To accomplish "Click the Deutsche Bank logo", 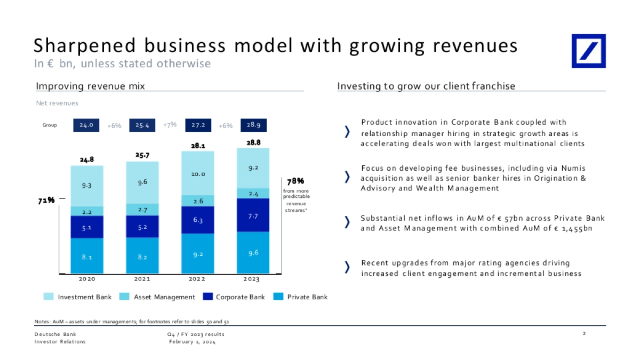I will (x=589, y=51).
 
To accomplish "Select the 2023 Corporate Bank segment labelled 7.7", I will (x=253, y=215).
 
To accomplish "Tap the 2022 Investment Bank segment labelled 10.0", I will (x=198, y=173).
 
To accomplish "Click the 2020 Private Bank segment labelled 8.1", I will (x=87, y=257).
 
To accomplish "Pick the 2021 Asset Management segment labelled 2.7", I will (x=142, y=210).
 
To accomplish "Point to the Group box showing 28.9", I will (x=254, y=125).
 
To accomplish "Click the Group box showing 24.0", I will (x=86, y=125).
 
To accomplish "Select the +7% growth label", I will (x=170, y=125).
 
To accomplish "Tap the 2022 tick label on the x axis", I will (x=198, y=279).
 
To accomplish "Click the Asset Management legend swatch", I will (x=125, y=297).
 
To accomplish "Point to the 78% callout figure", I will (x=295, y=182).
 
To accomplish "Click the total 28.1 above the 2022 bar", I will (x=198, y=145).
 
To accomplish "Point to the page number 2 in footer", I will (x=585, y=334).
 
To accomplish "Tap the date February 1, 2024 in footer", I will (x=192, y=342).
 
